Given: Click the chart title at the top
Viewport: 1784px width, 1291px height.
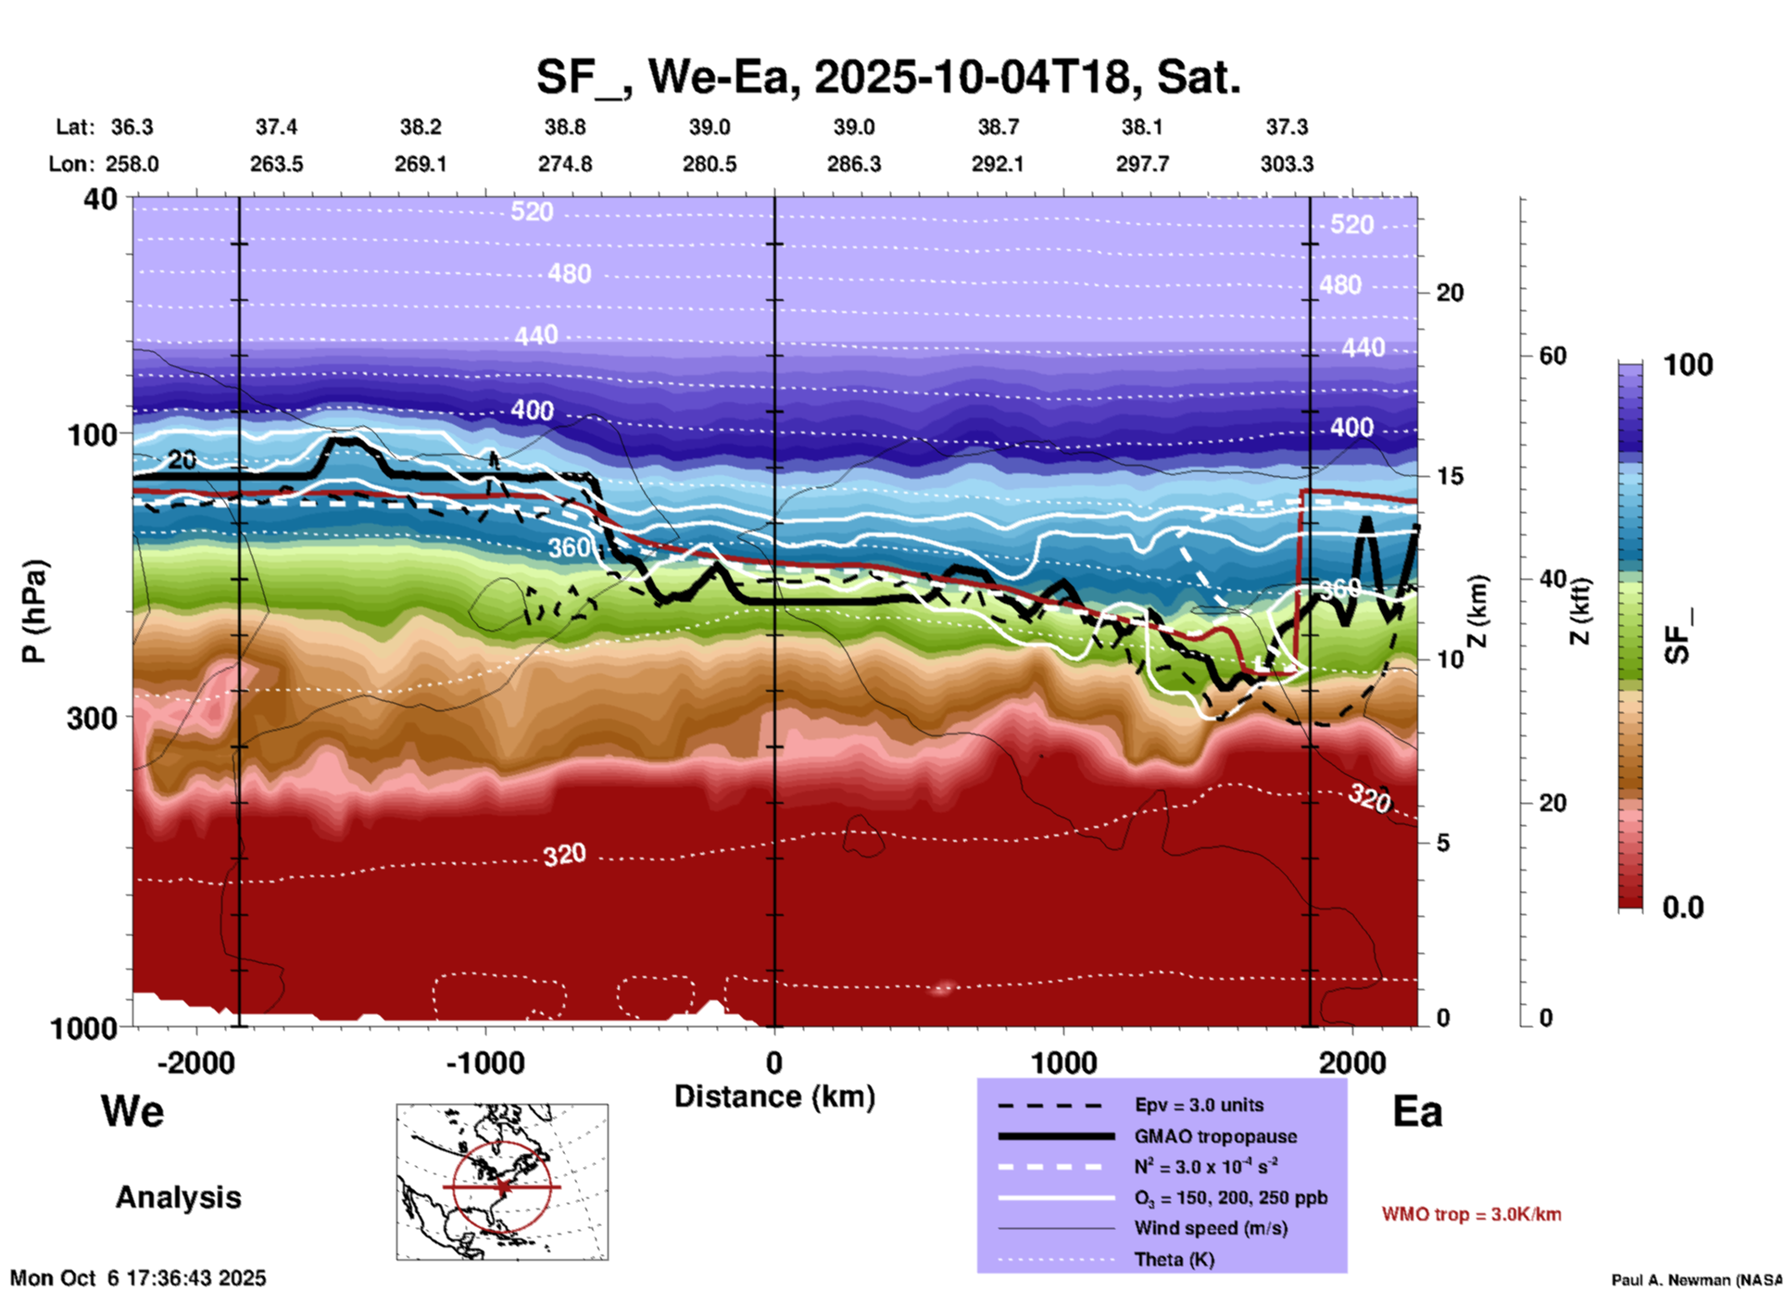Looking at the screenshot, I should pyautogui.click(x=887, y=77).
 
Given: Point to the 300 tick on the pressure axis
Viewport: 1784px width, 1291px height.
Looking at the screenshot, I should pyautogui.click(x=93, y=718).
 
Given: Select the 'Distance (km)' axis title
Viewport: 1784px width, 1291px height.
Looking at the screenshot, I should pyautogui.click(x=774, y=1097).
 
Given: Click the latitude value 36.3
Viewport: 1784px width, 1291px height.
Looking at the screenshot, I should pyautogui.click(x=132, y=127).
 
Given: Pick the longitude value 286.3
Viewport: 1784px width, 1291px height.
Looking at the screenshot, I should pyautogui.click(x=853, y=164).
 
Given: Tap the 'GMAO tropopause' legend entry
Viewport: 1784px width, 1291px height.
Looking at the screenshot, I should pyautogui.click(x=1215, y=1136).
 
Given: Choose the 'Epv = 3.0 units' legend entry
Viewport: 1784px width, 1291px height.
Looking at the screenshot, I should pyautogui.click(x=1199, y=1105).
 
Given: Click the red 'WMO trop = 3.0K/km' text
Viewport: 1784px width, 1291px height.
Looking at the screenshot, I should pyautogui.click(x=1471, y=1214).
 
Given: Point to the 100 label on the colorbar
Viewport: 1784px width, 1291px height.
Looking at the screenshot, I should pyautogui.click(x=1688, y=365).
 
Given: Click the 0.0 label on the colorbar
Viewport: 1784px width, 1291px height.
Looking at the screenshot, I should pyautogui.click(x=1683, y=908).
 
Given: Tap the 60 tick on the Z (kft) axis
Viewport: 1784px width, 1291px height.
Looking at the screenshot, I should pyautogui.click(x=1552, y=356).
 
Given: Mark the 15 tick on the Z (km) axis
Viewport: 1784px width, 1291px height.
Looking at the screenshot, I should pyautogui.click(x=1450, y=476).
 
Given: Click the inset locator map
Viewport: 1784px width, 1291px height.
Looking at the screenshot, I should pyautogui.click(x=502, y=1182).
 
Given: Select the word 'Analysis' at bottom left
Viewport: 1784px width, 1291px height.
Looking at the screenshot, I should pyautogui.click(x=178, y=1197).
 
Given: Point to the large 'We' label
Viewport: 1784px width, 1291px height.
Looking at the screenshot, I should pyautogui.click(x=132, y=1110).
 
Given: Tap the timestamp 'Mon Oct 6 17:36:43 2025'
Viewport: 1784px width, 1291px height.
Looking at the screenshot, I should pyautogui.click(x=138, y=1278).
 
